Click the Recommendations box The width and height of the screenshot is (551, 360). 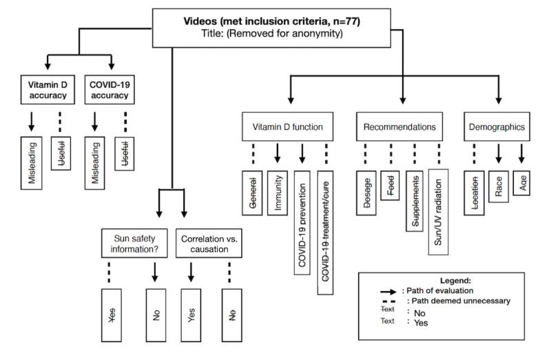pyautogui.click(x=400, y=127)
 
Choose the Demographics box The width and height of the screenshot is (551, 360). pyautogui.click(x=497, y=127)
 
